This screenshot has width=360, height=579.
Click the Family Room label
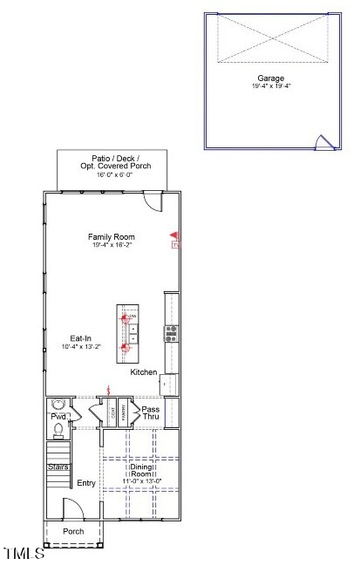point(111,236)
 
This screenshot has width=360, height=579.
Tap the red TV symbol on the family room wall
point(174,241)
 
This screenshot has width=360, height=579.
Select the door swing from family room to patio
point(153,201)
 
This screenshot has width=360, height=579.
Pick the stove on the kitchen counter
point(171,332)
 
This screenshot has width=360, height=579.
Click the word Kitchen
point(144,372)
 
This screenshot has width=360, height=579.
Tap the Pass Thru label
point(151,413)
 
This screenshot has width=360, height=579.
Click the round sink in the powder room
point(58,405)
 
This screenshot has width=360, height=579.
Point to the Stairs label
point(58,467)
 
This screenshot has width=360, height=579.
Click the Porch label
point(73,531)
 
